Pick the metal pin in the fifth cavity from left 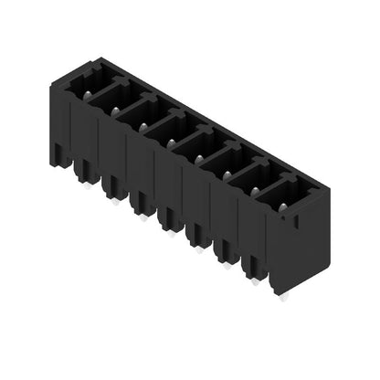click(x=197, y=158)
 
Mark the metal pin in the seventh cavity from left click(x=253, y=191)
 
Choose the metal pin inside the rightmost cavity click(x=281, y=208)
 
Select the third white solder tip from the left click(x=142, y=219)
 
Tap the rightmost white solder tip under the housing click(x=284, y=299)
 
